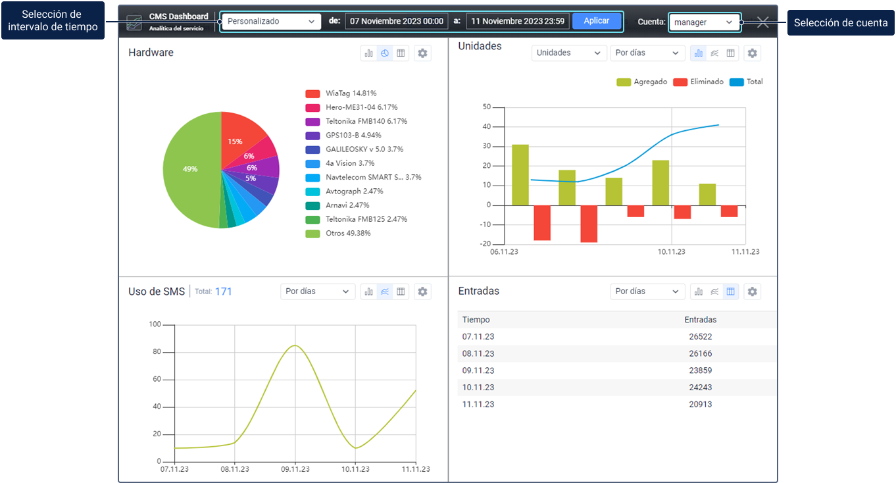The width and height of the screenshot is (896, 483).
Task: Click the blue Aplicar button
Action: (596, 21)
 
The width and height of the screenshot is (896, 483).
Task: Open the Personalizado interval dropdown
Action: (270, 21)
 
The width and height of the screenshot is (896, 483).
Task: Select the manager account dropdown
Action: (703, 22)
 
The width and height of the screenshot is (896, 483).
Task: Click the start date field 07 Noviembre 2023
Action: (397, 21)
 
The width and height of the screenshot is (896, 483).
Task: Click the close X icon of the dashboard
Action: (763, 22)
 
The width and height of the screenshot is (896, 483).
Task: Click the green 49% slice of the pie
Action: (191, 169)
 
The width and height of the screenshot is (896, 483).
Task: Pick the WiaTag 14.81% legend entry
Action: (351, 93)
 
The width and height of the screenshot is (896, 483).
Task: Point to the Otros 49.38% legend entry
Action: (347, 233)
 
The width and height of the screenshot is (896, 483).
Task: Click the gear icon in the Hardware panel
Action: (423, 53)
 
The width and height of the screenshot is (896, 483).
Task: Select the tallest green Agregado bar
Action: (520, 174)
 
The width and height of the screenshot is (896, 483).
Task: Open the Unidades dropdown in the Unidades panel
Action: (568, 53)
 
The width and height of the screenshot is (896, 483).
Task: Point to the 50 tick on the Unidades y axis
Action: (487, 107)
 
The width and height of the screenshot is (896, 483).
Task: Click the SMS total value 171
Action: (224, 292)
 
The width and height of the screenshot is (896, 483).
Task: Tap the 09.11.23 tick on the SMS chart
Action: (295, 469)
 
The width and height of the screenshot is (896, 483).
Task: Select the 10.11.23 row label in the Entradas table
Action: (478, 388)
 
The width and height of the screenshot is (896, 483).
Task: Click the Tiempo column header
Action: (476, 320)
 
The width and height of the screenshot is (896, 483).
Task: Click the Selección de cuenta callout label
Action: (840, 23)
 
